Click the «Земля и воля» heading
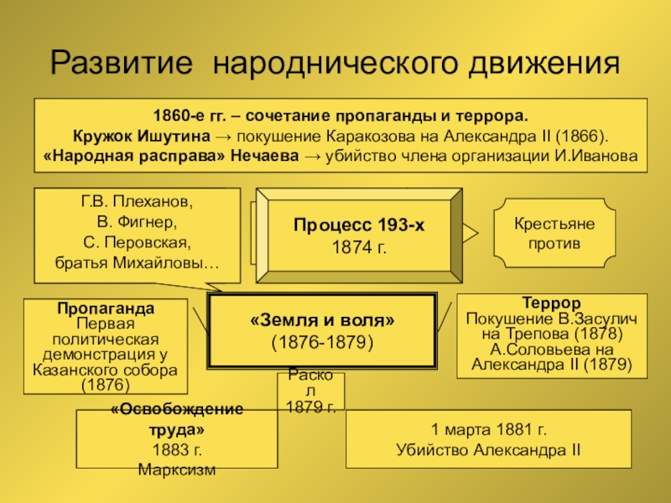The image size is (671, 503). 322,321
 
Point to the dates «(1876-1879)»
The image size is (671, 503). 322,342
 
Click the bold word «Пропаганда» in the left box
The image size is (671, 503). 106,309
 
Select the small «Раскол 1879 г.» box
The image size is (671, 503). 310,392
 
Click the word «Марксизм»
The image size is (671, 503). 177,469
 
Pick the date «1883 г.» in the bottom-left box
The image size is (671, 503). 177,449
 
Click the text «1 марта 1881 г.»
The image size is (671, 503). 489,430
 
